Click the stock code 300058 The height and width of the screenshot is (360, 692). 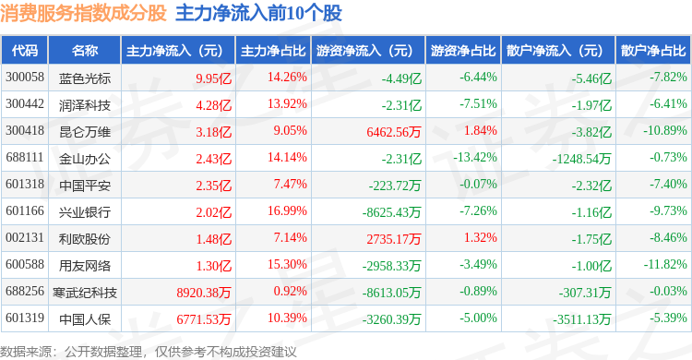(x=25, y=77)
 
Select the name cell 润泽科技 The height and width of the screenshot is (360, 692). (x=85, y=105)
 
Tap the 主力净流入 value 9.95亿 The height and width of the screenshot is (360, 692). (x=214, y=78)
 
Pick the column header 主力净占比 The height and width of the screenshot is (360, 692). (x=273, y=51)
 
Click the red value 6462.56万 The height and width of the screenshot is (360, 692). (x=394, y=132)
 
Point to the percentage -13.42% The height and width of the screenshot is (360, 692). (x=475, y=157)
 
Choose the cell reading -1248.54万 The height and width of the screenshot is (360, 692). (x=581, y=159)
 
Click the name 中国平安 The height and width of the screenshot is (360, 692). (x=85, y=186)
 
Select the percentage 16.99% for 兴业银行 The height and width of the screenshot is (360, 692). (x=287, y=210)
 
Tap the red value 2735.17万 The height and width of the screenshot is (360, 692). (x=394, y=239)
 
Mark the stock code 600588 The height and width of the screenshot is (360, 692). (x=25, y=264)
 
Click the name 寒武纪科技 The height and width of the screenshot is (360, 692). (x=85, y=293)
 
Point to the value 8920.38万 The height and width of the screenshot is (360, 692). (x=204, y=293)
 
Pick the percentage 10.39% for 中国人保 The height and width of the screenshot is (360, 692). (x=287, y=318)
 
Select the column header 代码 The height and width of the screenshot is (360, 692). (x=25, y=51)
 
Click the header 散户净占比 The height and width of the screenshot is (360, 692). (x=653, y=51)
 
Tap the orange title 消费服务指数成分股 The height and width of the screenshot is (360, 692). (x=83, y=13)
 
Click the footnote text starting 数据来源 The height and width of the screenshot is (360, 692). (x=149, y=352)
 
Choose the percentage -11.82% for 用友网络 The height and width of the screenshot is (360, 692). (x=665, y=264)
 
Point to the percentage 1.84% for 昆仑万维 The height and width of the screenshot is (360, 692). (x=480, y=130)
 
